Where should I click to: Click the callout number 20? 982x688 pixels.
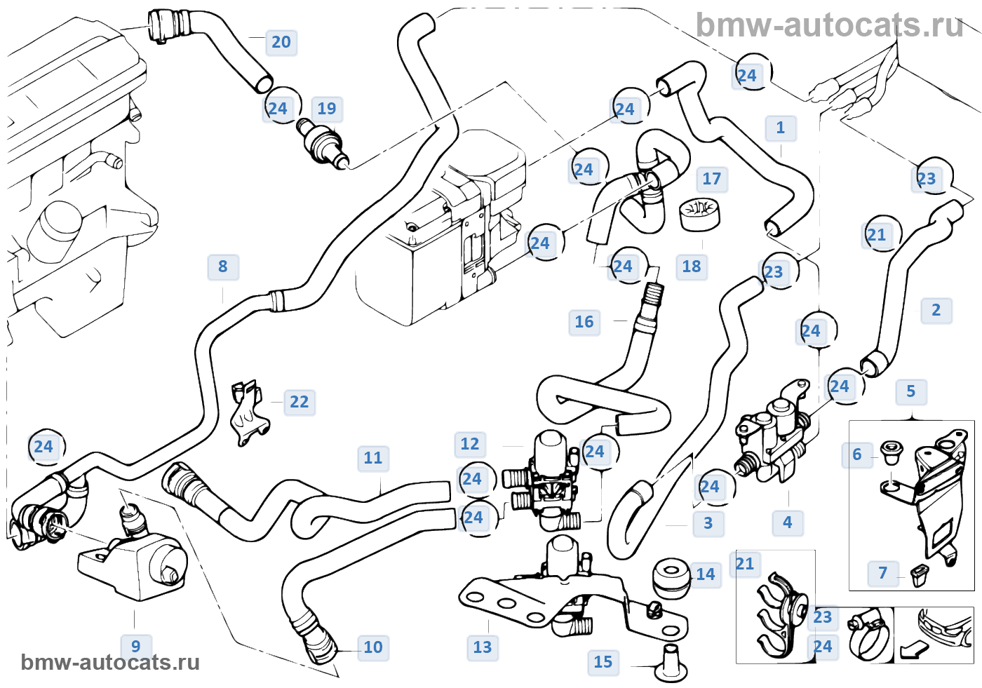click(281, 42)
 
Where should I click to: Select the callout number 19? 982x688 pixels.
click(327, 109)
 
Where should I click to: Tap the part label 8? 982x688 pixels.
click(223, 267)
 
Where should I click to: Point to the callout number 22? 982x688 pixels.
click(299, 402)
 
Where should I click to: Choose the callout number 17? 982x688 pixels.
click(711, 179)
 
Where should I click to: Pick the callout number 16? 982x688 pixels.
click(584, 322)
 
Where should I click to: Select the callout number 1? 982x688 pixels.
click(781, 128)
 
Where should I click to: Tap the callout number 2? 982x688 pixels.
click(936, 310)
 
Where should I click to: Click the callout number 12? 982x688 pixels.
click(470, 444)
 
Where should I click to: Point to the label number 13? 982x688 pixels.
click(483, 647)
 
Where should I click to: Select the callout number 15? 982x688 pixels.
click(603, 662)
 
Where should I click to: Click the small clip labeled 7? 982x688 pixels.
click(920, 576)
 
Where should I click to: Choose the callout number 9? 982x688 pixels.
click(136, 646)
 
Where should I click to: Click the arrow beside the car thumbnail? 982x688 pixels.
click(913, 649)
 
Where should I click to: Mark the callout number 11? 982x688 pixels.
click(373, 458)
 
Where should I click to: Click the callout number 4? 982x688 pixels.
click(788, 522)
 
